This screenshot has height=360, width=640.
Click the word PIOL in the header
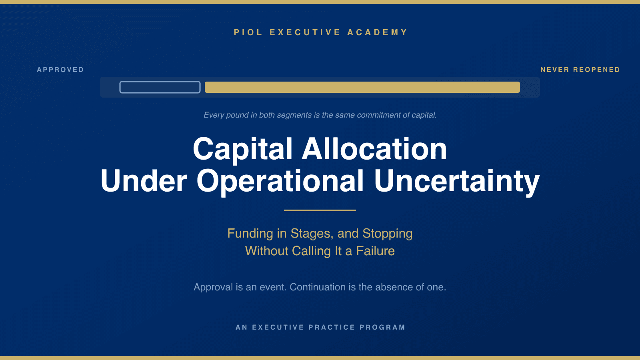(248, 32)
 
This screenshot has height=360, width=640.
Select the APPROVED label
(60, 70)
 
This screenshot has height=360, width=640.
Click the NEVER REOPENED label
(580, 70)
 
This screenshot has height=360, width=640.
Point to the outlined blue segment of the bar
(160, 82)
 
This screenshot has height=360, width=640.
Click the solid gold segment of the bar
(362, 87)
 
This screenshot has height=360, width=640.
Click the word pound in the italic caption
(238, 115)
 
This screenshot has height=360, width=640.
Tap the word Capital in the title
(242, 150)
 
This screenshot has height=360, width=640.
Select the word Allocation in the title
(374, 149)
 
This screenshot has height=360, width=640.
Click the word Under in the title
(144, 181)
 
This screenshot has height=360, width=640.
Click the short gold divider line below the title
(320, 210)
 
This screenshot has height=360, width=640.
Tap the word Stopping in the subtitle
(388, 234)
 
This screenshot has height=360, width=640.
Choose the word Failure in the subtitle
(376, 251)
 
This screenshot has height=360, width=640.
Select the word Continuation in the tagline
(318, 287)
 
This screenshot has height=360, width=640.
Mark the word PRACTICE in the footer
(332, 327)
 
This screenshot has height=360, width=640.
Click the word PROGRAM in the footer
(382, 327)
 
